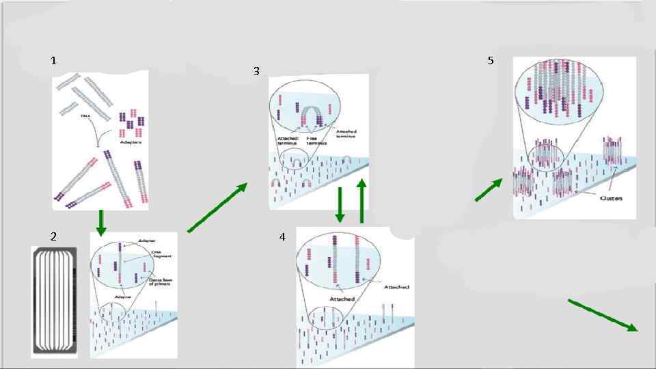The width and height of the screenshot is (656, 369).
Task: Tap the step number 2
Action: click(53, 236)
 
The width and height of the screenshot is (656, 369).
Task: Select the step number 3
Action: click(256, 71)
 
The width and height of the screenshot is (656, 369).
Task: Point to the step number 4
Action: click(282, 237)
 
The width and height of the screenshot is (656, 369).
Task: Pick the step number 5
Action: click(491, 61)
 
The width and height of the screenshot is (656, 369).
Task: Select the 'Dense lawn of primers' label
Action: click(163, 281)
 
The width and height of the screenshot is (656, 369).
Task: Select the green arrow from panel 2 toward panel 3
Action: click(217, 208)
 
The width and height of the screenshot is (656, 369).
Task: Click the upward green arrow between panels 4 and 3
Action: click(362, 200)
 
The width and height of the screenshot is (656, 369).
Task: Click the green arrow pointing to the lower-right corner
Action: click(603, 314)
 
